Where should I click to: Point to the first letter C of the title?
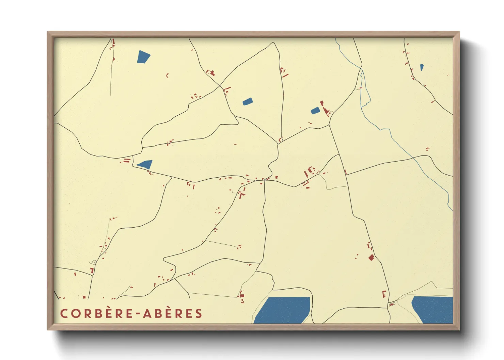point(64,313)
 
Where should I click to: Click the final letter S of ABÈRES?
point(199,313)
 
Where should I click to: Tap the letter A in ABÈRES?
point(147,313)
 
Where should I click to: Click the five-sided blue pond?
point(143,56)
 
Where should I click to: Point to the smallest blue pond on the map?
point(422,67)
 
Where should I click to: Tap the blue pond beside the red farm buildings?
point(315,110)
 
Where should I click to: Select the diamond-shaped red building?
point(371,258)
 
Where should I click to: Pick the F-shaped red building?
point(384,294)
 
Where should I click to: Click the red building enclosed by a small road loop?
point(392,304)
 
